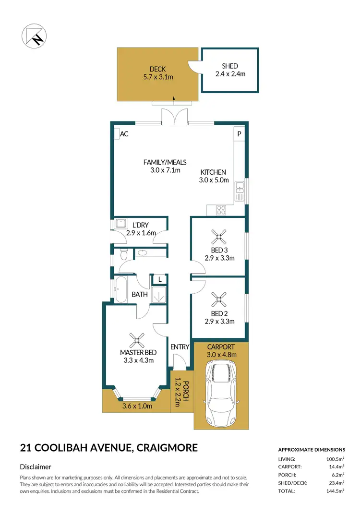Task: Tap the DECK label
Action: pos(157,69)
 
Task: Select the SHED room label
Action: pos(229,66)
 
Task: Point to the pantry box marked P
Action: pos(239,134)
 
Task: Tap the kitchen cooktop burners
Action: pos(222,210)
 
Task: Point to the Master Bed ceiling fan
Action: pos(137,340)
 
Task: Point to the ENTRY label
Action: pos(180,347)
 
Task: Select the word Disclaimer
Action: pos(36,466)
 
